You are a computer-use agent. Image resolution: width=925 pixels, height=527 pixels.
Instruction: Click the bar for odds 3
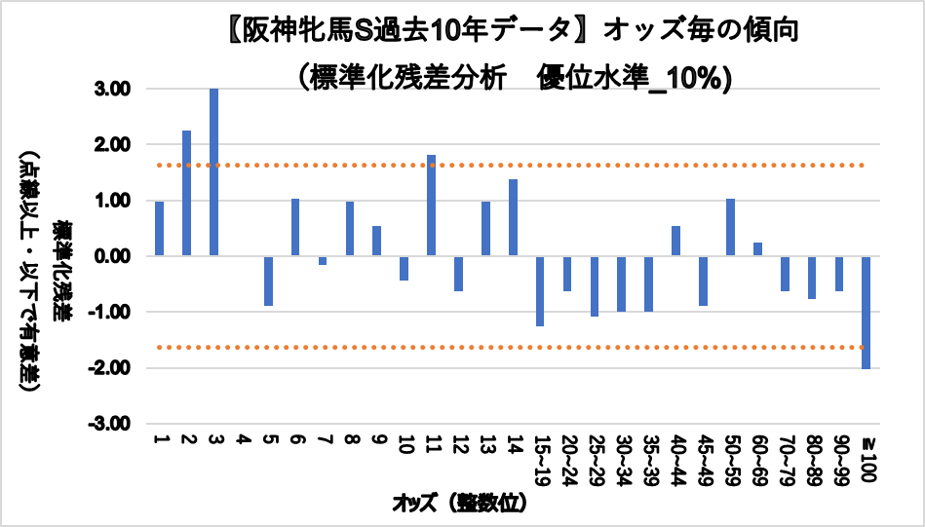[213, 172]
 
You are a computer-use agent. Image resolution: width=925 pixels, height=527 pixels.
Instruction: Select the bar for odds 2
[186, 193]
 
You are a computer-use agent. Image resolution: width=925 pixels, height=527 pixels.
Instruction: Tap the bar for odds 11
[431, 206]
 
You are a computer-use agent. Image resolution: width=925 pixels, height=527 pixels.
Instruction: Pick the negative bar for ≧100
[866, 312]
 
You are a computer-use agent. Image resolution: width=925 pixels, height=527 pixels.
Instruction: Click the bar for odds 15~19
[539, 290]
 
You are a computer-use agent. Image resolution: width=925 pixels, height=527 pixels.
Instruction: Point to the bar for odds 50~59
[730, 227]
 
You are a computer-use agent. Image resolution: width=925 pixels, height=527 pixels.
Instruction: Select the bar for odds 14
[513, 217]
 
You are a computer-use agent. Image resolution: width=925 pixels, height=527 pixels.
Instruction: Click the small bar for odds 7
[322, 260]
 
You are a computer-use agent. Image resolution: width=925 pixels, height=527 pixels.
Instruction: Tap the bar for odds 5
[268, 281]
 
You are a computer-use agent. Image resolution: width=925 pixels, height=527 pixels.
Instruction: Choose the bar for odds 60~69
[757, 249]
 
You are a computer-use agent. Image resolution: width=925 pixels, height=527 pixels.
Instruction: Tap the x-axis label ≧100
[867, 455]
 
